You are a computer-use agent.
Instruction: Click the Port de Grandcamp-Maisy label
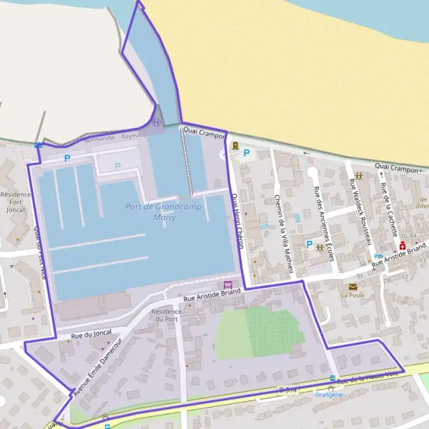tap(164, 212)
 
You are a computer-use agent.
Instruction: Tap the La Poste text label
tap(352, 295)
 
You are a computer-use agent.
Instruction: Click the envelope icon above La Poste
tap(352, 286)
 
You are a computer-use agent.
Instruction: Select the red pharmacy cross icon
tap(403, 245)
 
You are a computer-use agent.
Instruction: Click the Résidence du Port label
tap(167, 315)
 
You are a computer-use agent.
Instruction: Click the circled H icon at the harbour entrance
tap(156, 122)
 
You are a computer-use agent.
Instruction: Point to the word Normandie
tap(99, 138)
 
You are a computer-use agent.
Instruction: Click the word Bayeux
tap(131, 136)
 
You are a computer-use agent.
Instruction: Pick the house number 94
tap(363, 264)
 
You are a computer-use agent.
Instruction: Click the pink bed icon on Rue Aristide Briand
tap(228, 284)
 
